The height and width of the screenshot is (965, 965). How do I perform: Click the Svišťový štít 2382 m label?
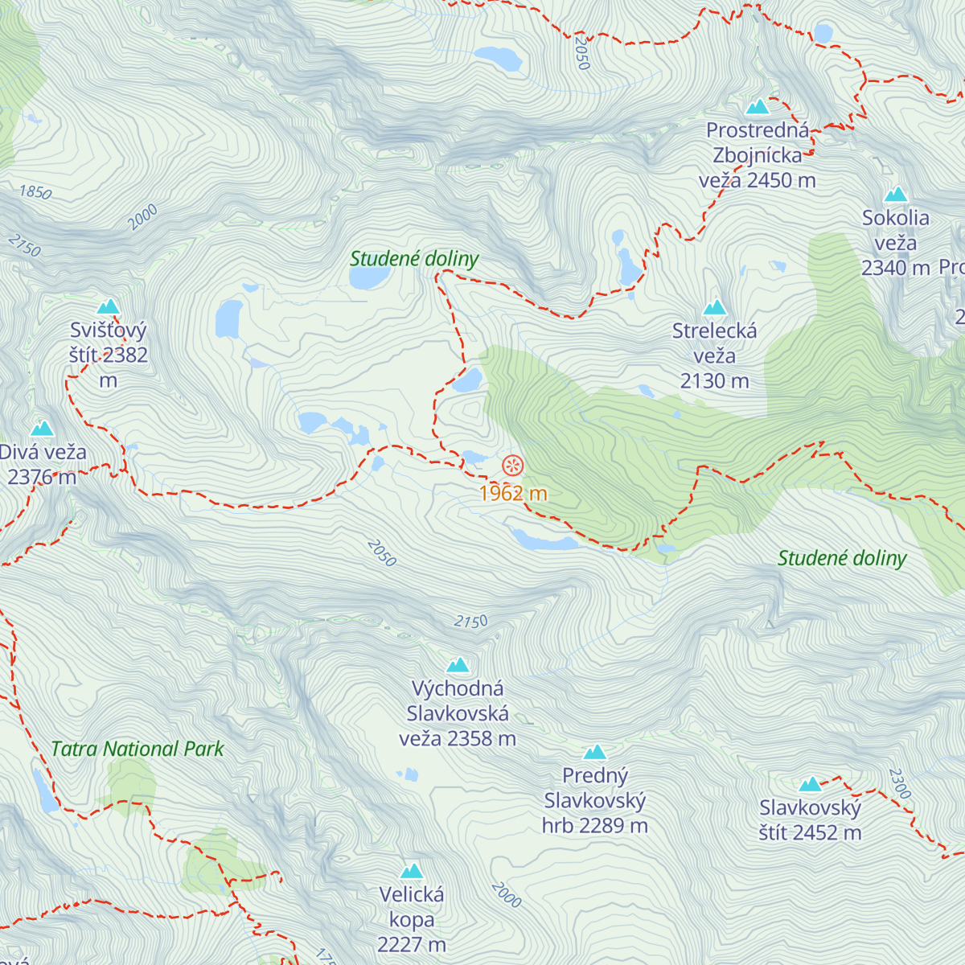click(x=109, y=355)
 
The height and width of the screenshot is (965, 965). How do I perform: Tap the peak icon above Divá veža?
click(x=42, y=429)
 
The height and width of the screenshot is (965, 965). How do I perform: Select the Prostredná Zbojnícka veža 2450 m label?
click(x=758, y=155)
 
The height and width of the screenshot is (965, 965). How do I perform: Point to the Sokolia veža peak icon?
click(x=896, y=195)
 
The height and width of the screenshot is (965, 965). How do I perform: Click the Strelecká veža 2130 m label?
click(x=714, y=355)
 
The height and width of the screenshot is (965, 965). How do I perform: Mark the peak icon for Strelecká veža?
click(x=714, y=307)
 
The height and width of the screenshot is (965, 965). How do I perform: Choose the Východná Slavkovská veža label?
click(x=458, y=713)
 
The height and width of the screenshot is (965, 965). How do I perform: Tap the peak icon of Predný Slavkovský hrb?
click(x=595, y=752)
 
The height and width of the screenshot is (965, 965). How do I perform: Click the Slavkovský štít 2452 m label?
click(x=810, y=820)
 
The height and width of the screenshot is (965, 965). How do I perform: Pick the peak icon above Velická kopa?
click(x=412, y=871)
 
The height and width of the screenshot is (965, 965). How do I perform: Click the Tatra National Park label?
click(x=138, y=749)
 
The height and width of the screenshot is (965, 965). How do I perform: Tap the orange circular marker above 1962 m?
click(x=512, y=466)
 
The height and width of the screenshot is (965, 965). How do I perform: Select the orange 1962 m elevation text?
click(x=512, y=493)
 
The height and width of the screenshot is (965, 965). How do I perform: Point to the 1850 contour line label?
click(x=35, y=193)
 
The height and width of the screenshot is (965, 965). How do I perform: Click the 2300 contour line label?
click(x=900, y=784)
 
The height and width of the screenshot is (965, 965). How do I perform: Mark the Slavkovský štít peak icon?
click(x=810, y=784)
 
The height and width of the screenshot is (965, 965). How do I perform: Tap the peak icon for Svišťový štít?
click(x=108, y=306)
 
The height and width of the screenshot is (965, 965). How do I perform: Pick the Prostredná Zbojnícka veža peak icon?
click(x=758, y=107)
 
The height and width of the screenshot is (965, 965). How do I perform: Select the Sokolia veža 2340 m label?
click(x=896, y=243)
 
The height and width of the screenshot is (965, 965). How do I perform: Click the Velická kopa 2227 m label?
click(x=412, y=919)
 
